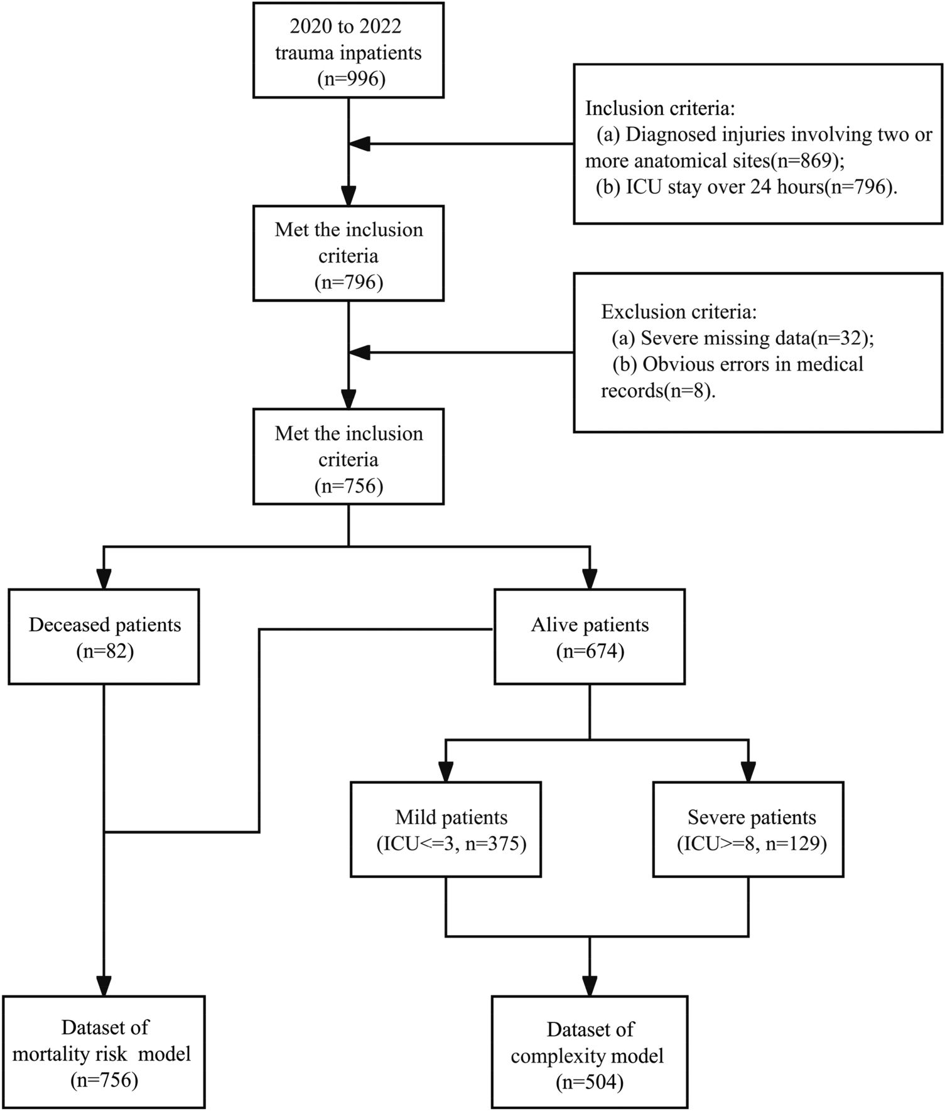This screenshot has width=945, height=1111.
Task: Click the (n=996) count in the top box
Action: pyautogui.click(x=348, y=79)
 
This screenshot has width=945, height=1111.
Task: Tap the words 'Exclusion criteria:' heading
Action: pyautogui.click(x=679, y=312)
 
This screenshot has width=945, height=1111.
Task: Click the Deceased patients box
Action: pyautogui.click(x=104, y=636)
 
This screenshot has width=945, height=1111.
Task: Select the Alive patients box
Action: pyautogui.click(x=589, y=636)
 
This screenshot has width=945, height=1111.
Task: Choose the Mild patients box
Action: pyautogui.click(x=446, y=829)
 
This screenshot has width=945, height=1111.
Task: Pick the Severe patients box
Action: pyautogui.click(x=748, y=829)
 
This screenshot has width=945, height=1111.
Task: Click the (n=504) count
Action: pyautogui.click(x=589, y=1082)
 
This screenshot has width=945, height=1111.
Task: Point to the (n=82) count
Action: pyautogui.click(x=105, y=652)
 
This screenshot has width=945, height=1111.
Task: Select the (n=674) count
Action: pyautogui.click(x=590, y=652)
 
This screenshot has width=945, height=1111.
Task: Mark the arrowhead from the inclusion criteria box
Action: pyautogui.click(x=360, y=144)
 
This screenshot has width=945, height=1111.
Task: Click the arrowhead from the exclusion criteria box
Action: pyautogui.click(x=360, y=352)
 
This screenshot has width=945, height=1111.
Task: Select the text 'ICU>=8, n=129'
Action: pyautogui.click(x=752, y=843)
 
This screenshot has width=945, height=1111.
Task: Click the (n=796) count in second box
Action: pyautogui.click(x=348, y=283)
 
